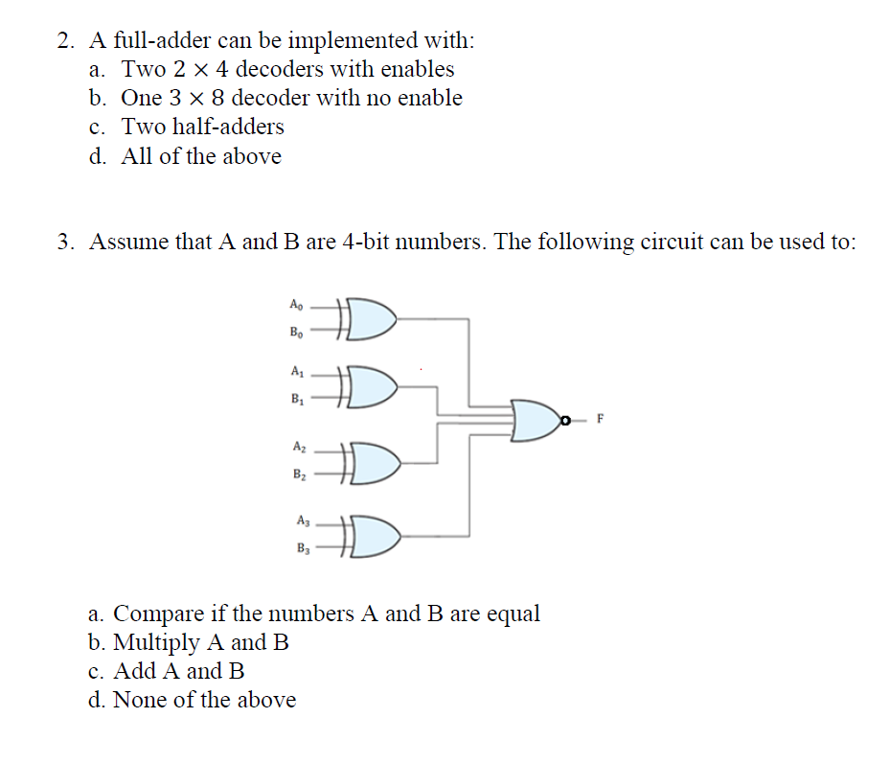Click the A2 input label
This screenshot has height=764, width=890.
300,446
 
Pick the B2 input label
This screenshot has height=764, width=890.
301,474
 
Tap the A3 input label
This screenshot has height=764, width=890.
304,521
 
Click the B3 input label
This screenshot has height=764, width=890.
304,549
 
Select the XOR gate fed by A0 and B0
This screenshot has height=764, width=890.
369,320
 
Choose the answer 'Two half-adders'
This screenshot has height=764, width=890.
203,127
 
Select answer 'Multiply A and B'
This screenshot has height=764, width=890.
201,642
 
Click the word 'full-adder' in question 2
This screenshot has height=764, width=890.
160,41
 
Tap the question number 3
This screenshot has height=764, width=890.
63,243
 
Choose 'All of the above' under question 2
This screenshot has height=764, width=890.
201,156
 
